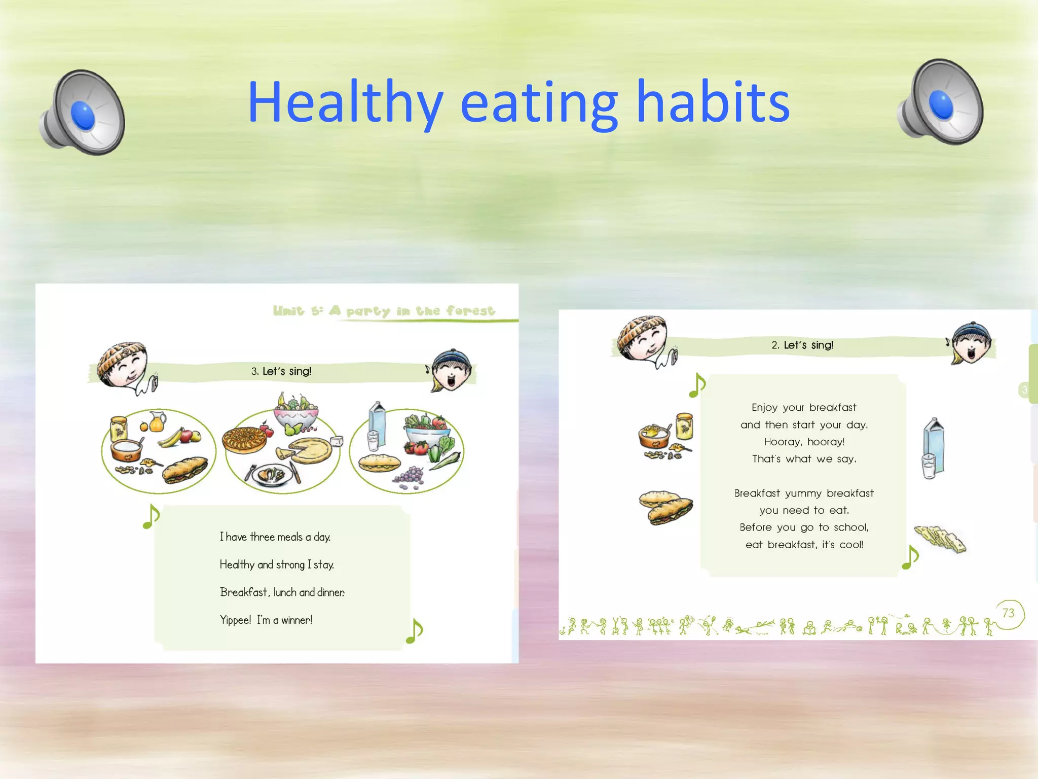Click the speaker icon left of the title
(83, 113)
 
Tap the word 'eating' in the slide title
(539, 103)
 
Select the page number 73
(1008, 613)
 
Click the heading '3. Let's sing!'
(281, 371)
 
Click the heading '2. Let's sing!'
(802, 345)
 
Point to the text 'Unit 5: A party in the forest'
(384, 310)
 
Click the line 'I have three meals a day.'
(275, 537)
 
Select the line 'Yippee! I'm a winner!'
(266, 620)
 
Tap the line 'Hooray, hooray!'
(804, 442)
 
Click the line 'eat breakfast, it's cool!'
(804, 545)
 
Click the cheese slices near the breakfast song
(940, 538)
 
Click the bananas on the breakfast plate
(171, 437)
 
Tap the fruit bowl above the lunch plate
(296, 412)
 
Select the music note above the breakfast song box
(698, 385)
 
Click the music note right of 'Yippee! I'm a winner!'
(415, 631)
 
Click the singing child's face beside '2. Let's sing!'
(971, 342)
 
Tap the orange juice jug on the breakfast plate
(157, 421)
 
